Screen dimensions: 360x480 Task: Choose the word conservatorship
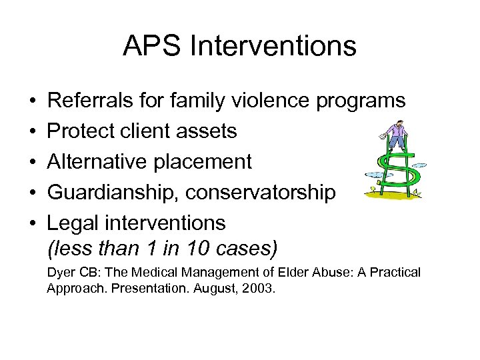(261, 192)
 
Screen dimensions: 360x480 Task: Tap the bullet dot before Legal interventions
(33, 222)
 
